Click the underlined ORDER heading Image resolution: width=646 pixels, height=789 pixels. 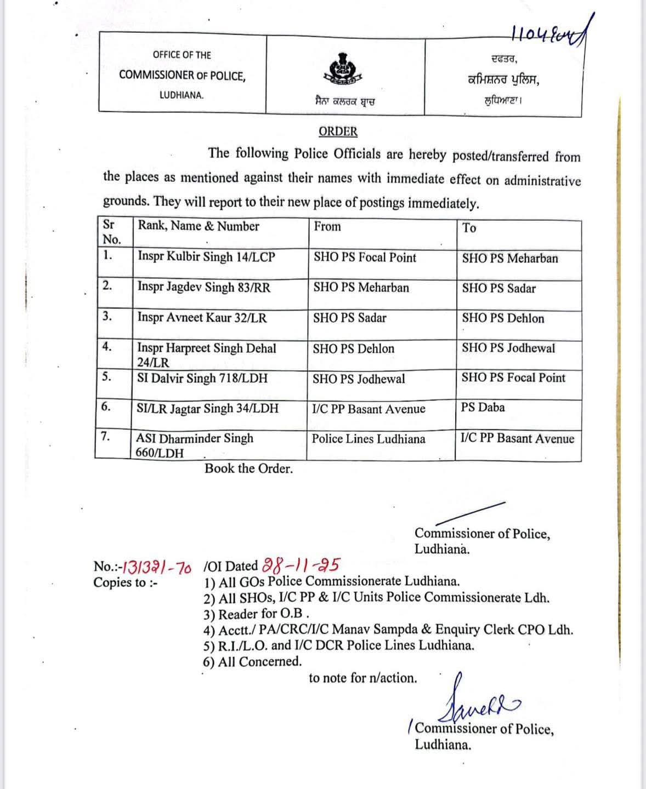point(338,132)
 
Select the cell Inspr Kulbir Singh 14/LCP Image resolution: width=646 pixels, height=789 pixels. point(206,257)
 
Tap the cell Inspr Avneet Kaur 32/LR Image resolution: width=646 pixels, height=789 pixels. point(202,318)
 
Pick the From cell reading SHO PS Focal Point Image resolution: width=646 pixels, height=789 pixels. point(365,258)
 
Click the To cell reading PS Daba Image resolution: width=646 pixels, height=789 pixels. point(483,408)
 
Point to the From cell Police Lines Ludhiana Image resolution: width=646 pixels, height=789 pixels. point(369,439)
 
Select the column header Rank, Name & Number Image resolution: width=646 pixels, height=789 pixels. point(199,226)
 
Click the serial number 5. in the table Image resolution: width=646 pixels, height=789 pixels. point(107,377)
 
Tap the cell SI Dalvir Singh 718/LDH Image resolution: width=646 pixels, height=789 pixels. point(202,378)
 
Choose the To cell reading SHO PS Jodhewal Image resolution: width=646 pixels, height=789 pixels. point(508,348)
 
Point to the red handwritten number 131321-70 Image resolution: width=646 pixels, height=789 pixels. point(156,567)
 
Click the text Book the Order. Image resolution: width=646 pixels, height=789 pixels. point(248,468)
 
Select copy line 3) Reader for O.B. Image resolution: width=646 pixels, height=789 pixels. point(257,614)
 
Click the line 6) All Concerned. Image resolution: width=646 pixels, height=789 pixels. point(252,662)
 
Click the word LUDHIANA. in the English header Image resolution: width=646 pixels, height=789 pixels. point(182,95)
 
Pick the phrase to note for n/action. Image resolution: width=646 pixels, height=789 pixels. point(362,678)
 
